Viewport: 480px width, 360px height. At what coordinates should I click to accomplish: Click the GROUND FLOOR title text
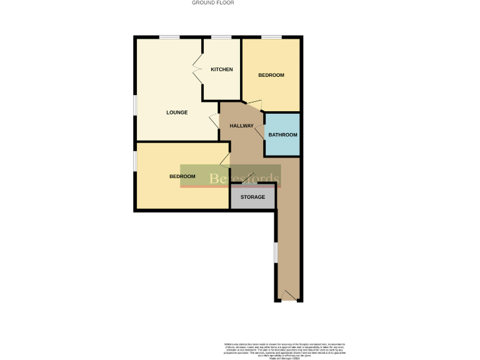coord(212,2)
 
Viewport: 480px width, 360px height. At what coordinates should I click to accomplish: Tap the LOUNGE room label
coord(177,112)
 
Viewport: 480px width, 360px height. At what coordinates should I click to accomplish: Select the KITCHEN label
coord(222,69)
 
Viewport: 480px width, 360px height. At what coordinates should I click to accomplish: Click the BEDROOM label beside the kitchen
coord(271,75)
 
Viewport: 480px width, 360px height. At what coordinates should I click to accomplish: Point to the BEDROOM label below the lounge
coord(182,176)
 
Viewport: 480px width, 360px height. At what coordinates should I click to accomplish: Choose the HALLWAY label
coord(241,126)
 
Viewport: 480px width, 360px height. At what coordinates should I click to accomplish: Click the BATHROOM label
coord(282,135)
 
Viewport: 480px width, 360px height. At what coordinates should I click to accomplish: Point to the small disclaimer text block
coord(284,351)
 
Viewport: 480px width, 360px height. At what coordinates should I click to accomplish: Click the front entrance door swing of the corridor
coord(289,296)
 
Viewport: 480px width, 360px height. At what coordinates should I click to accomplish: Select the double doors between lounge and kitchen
coord(197,69)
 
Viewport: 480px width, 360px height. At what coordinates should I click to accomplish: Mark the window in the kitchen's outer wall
coord(222,37)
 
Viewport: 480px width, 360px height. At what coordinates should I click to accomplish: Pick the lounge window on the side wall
coord(135,104)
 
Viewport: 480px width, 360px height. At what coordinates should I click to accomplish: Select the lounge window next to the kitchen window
coord(169,37)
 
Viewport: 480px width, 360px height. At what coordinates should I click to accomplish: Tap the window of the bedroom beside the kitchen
coord(271,37)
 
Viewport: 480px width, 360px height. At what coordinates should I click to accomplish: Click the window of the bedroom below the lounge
coord(135,160)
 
